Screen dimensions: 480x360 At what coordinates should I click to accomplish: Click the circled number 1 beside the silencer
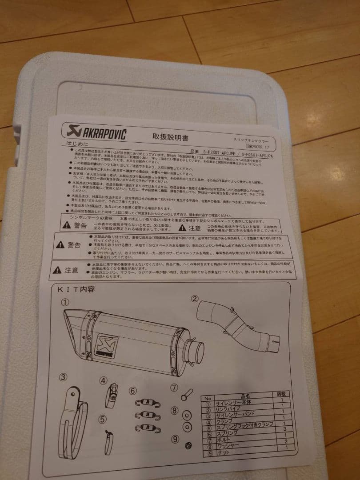pyautogui.click(x=65, y=302)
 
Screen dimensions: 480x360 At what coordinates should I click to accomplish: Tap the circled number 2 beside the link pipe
pyautogui.click(x=195, y=299)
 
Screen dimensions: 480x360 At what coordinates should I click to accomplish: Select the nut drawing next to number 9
pyautogui.click(x=189, y=445)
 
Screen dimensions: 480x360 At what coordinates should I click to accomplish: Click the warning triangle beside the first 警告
pyautogui.click(x=67, y=225)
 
